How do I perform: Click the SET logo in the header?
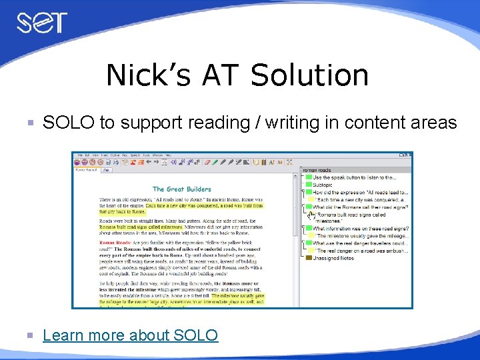click(42, 24)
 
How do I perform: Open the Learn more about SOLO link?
click(130, 335)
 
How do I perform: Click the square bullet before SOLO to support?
click(29, 123)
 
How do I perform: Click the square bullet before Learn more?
click(29, 335)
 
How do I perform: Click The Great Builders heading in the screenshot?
click(181, 189)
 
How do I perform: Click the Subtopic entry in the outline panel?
click(327, 185)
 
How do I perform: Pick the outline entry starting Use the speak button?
click(354, 177)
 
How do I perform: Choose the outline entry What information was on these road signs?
click(361, 229)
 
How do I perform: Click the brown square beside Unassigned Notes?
click(308, 258)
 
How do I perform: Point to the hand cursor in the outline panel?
click(311, 215)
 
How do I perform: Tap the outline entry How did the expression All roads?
click(360, 192)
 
